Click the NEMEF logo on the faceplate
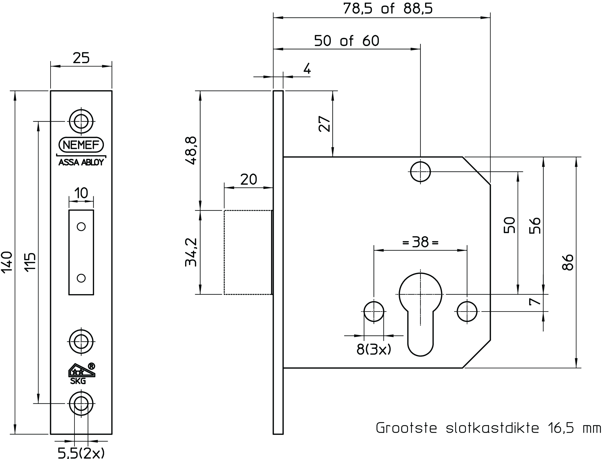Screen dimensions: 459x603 (81, 145)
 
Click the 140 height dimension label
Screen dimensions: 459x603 (7, 262)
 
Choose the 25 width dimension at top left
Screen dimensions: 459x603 (81, 58)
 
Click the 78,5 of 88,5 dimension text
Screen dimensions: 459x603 (388, 9)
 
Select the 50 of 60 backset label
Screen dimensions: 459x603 (347, 41)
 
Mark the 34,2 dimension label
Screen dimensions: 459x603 (191, 252)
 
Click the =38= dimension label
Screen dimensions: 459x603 (420, 242)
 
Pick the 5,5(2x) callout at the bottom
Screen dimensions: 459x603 (81, 453)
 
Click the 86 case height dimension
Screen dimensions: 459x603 (568, 262)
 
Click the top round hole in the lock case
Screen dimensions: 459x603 (420, 171)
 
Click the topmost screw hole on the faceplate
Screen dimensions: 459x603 (81, 121)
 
